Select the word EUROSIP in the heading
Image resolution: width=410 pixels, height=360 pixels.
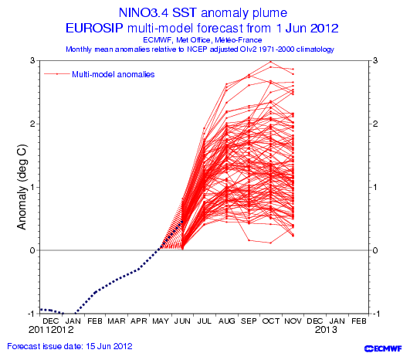94,28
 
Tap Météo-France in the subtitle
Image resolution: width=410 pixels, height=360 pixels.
239,40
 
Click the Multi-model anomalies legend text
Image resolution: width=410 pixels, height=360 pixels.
114,74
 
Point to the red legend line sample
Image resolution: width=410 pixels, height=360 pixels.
57,74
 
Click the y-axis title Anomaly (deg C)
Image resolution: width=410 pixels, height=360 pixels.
22,187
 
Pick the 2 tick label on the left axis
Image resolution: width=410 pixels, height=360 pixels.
32,124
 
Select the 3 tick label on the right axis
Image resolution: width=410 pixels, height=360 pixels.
375,60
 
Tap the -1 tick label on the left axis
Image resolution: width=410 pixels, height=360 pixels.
31,314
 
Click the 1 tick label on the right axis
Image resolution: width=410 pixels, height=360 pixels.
375,187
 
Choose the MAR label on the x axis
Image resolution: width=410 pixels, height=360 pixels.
117,321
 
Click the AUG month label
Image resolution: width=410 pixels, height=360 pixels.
227,321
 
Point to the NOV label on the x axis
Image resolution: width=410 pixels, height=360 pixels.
293,321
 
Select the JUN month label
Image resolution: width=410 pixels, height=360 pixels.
182,321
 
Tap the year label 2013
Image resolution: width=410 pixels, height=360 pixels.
326,330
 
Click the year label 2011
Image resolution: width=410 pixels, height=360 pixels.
39,330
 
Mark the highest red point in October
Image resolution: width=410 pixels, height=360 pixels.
271,62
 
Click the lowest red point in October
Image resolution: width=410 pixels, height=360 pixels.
271,243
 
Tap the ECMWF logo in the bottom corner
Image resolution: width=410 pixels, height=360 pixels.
383,348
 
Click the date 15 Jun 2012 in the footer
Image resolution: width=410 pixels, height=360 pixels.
109,346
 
